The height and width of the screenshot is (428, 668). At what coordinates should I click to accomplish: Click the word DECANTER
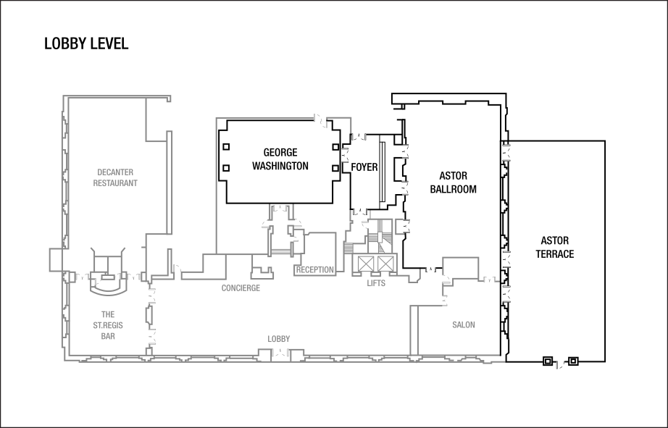tap(115, 172)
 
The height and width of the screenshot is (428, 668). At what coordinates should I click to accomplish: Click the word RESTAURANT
tap(115, 183)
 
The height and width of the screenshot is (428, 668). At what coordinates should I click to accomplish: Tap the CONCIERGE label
tap(241, 288)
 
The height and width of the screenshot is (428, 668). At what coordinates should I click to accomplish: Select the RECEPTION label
tap(315, 269)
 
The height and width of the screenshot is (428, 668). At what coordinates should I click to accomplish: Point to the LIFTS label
tap(376, 283)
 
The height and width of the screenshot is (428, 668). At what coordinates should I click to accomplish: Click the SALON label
tap(464, 325)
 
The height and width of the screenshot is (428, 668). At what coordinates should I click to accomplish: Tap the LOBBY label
tap(279, 339)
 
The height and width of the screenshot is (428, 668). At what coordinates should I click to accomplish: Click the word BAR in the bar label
tap(108, 336)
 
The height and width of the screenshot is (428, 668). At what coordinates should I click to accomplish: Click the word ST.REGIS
tap(108, 325)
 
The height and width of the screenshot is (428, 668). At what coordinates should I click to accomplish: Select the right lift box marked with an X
tap(385, 263)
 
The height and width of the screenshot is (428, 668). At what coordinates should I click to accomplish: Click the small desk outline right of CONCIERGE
tap(262, 272)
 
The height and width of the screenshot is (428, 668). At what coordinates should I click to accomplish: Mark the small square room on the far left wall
tap(57, 259)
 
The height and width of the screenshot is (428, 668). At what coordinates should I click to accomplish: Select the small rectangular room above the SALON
tap(461, 267)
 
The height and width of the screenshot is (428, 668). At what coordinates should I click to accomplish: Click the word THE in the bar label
tap(108, 314)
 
